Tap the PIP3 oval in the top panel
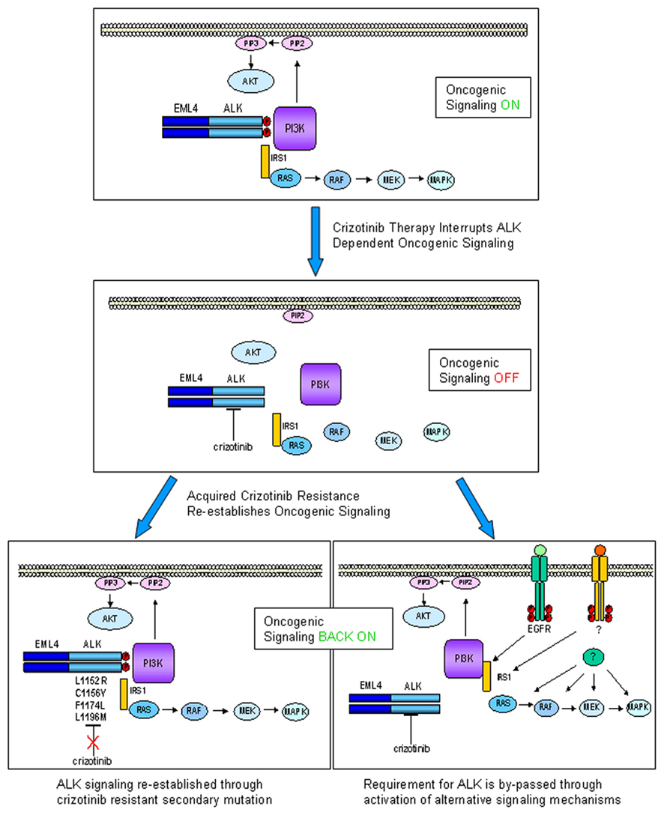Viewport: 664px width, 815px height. point(249,43)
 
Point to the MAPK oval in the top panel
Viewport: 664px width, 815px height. point(440,180)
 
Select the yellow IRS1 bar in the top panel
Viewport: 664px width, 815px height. point(265,161)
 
